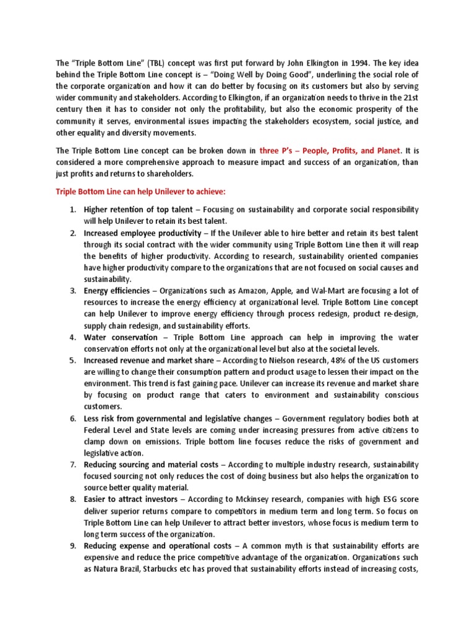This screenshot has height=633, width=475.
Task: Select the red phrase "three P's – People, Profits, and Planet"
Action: (x=330, y=150)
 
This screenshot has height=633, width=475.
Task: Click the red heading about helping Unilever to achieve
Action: (x=145, y=192)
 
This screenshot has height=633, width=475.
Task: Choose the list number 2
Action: (x=72, y=233)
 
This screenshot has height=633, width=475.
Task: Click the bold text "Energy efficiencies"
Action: (x=117, y=290)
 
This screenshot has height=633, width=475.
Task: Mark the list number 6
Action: (x=72, y=418)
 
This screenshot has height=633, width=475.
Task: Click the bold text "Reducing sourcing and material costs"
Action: (x=151, y=464)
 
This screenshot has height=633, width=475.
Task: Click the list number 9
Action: (x=72, y=545)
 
